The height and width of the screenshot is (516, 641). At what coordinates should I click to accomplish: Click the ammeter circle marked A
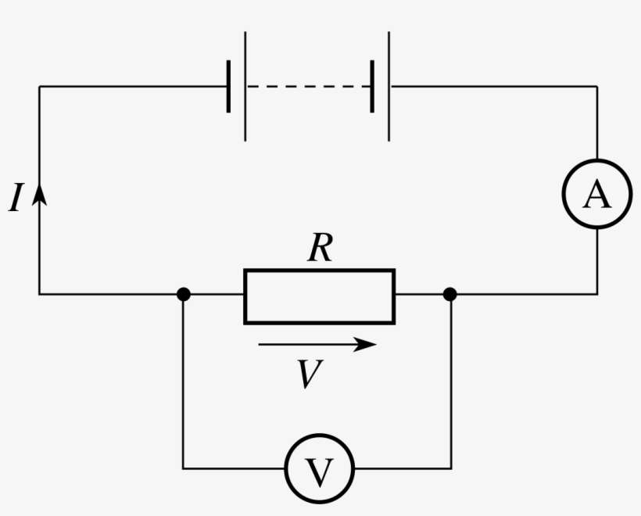597,196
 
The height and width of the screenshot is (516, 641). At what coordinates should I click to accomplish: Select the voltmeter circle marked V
319,469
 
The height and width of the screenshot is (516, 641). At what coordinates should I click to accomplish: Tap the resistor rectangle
319,296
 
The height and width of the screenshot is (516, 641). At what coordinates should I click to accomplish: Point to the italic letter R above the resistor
320,249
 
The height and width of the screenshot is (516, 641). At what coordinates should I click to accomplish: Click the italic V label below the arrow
310,374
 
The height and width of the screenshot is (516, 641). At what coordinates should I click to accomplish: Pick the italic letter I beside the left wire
16,199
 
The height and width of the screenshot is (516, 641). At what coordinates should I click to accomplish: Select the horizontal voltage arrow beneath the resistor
317,345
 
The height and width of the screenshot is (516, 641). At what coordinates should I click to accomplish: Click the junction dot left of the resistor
183,295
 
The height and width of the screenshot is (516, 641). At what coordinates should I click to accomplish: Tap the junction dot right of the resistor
449,295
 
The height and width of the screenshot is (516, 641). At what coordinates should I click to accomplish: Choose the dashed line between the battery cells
309,86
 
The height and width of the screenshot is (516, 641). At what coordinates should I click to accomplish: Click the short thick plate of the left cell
228,86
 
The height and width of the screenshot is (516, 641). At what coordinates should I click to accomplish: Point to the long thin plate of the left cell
245,86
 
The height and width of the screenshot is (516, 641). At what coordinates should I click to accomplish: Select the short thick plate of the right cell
372,86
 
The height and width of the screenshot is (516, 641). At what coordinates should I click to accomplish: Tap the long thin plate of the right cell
389,86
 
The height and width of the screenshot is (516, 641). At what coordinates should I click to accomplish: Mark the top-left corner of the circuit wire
40,86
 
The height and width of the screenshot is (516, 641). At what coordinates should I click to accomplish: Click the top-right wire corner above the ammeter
597,86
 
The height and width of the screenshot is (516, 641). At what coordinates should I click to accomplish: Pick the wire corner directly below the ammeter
597,295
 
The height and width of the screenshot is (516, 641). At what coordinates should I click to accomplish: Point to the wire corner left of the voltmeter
183,469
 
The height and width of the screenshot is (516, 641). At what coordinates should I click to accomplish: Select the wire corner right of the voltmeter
451,469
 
